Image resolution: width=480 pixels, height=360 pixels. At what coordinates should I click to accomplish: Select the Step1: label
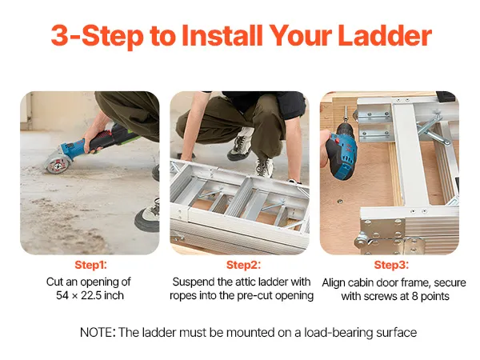(91, 265)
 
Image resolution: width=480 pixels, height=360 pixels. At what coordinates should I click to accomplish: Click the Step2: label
(243, 265)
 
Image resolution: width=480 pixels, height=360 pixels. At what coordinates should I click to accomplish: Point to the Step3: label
(391, 265)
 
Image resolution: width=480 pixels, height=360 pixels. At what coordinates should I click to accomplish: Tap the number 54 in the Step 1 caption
(62, 295)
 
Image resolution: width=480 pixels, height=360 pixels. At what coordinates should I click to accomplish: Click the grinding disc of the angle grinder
(54, 164)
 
